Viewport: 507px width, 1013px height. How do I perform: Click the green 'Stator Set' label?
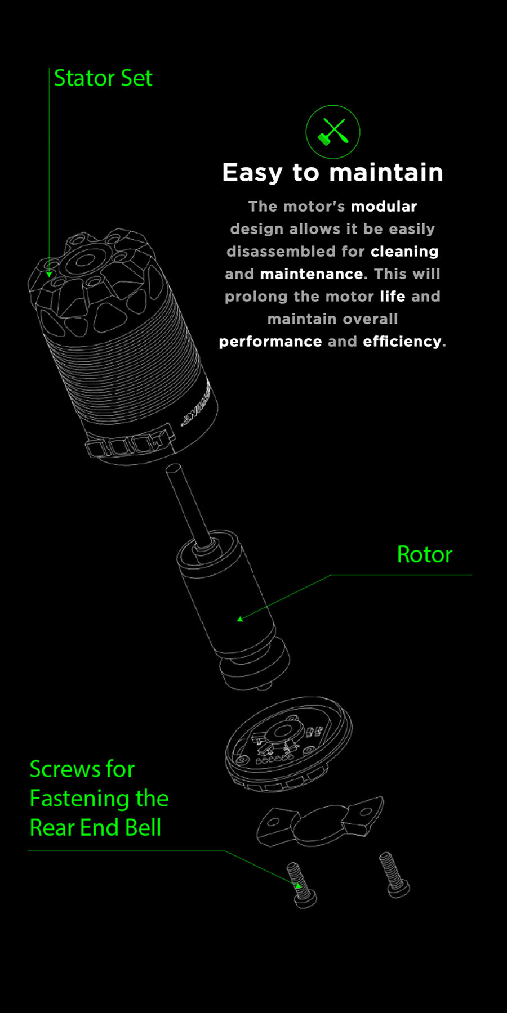[x=103, y=78]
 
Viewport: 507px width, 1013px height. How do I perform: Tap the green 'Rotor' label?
[x=424, y=555]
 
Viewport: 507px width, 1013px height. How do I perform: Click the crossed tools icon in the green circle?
[x=333, y=132]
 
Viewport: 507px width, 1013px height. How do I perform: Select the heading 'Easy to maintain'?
[x=332, y=172]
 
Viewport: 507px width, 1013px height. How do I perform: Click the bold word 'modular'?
[x=384, y=207]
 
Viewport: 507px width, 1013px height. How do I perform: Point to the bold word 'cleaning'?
[x=404, y=252]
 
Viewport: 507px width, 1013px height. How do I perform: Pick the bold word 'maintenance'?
[x=312, y=274]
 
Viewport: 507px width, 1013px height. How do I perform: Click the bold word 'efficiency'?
[x=402, y=342]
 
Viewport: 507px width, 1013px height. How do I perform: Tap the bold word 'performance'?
[x=270, y=342]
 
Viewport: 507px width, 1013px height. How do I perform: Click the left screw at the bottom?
[x=303, y=884]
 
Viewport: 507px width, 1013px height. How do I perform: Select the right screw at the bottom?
[x=395, y=875]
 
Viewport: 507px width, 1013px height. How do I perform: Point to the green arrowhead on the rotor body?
[x=240, y=619]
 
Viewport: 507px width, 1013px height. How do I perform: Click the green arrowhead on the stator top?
[x=50, y=275]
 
